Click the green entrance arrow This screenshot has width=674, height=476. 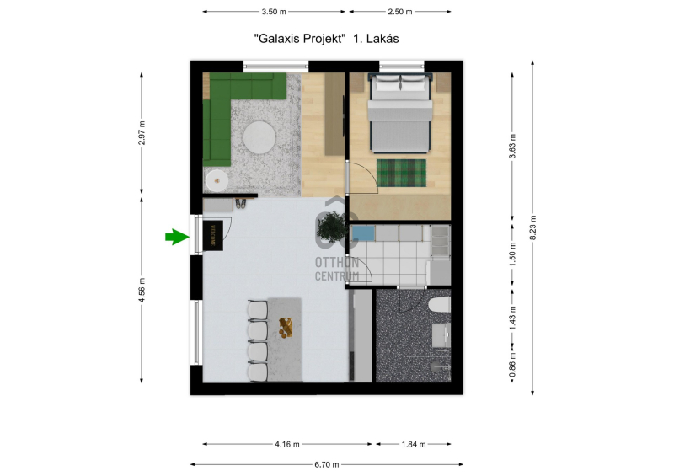(x=177, y=237)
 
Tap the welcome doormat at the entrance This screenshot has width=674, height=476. (x=213, y=236)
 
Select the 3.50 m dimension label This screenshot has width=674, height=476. (x=274, y=12)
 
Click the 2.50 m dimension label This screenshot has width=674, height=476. (x=399, y=12)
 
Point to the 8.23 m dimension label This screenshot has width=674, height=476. (x=532, y=227)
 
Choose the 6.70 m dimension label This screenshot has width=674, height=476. (x=327, y=464)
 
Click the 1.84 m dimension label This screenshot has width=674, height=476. (x=414, y=444)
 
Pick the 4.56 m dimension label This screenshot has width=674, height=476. (x=142, y=290)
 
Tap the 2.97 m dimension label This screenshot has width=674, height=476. (x=142, y=132)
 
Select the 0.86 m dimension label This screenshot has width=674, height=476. (x=512, y=365)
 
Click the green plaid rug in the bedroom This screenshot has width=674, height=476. (x=402, y=173)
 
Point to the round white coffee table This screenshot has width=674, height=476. (x=259, y=136)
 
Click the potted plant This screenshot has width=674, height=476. (x=332, y=226)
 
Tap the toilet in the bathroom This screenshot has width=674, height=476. (x=439, y=305)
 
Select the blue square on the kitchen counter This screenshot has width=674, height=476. (x=363, y=233)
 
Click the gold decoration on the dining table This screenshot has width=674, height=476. (x=286, y=326)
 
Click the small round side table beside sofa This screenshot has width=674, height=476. (x=217, y=181)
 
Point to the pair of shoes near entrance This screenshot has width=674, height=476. (x=240, y=203)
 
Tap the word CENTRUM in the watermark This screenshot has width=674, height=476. (x=337, y=276)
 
